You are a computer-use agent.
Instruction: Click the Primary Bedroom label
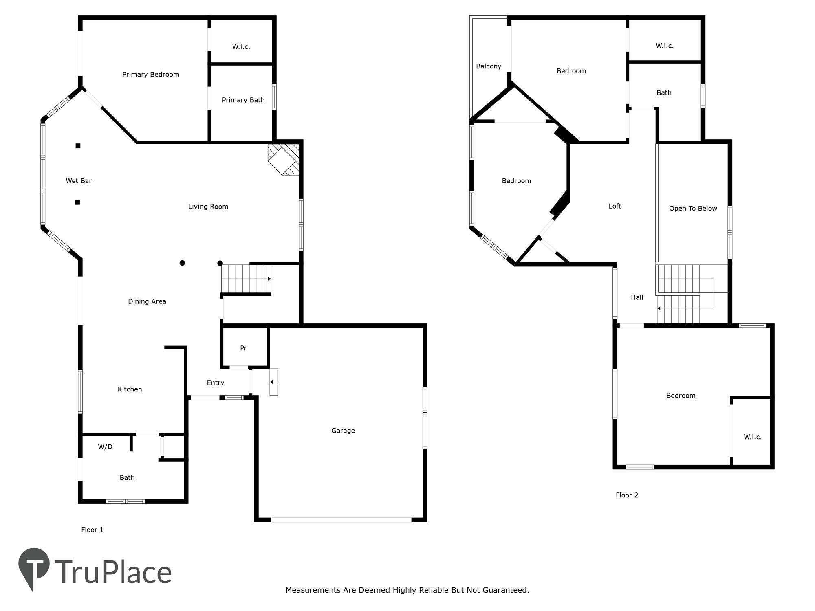coord(151,74)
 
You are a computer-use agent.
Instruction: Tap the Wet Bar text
coord(79,181)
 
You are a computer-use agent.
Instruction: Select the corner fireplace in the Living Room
coord(284,159)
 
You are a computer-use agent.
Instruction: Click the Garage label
coord(343,431)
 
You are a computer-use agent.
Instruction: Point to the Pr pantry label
coord(243,348)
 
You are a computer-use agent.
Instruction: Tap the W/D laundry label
coord(105,447)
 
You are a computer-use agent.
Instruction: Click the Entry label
coord(215,382)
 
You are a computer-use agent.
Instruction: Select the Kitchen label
coord(130,389)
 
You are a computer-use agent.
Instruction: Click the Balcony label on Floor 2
coord(488,66)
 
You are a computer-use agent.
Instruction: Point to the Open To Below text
coord(693,209)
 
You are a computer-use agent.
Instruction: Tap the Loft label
coord(615,206)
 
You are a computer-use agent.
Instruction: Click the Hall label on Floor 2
coord(637,297)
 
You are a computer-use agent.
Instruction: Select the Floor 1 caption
coord(92,530)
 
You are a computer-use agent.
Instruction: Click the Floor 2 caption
coord(627,495)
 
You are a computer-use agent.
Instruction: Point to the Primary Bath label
coord(243,100)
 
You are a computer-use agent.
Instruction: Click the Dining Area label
coord(147,301)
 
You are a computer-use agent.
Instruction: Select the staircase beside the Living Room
coord(246,279)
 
